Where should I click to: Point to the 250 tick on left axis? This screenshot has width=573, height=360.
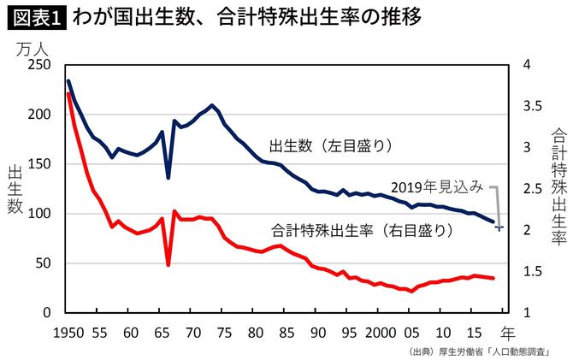click(x=39, y=65)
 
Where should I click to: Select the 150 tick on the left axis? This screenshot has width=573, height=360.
click(x=39, y=164)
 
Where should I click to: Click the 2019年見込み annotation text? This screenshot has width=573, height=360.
click(x=437, y=186)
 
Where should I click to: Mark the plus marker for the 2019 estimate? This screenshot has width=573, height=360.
click(x=500, y=227)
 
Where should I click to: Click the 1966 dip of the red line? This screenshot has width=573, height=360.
click(x=168, y=264)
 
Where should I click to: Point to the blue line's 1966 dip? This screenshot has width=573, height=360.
click(x=168, y=178)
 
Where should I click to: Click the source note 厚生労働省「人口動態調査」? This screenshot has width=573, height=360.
click(x=491, y=351)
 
